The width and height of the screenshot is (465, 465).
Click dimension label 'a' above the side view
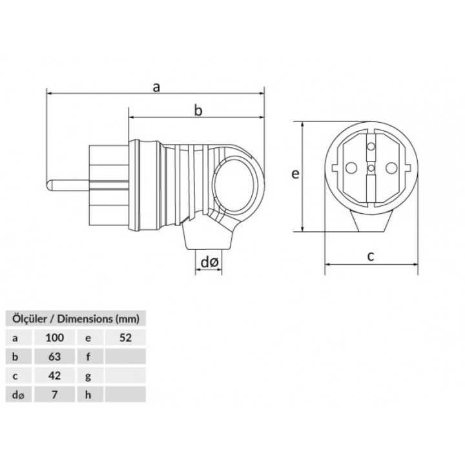(156, 87)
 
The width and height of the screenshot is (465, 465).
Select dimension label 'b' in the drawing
(199, 111)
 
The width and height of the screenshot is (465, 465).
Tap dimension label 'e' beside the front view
(294, 175)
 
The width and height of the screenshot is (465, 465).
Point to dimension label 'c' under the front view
(370, 256)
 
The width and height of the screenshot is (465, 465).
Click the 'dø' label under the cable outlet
(209, 262)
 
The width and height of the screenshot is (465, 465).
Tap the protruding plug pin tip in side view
(52, 187)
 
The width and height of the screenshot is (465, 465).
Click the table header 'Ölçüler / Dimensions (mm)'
(72, 318)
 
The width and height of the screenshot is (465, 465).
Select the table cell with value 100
(55, 336)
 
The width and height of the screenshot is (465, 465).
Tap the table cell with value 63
(55, 355)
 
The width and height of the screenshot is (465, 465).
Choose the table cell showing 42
(55, 375)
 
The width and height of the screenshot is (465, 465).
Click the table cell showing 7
(55, 394)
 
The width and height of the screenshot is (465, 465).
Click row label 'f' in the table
(87, 355)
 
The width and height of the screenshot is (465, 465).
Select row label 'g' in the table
(87, 375)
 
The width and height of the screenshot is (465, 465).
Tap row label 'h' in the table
(87, 394)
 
